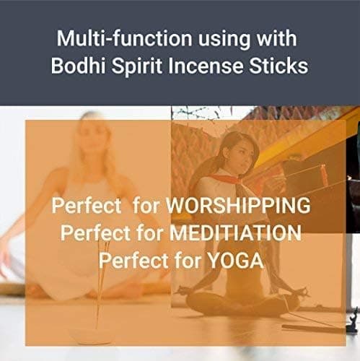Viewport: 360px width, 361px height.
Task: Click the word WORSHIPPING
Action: [x=238, y=206]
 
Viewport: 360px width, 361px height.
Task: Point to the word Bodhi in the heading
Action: [x=74, y=66]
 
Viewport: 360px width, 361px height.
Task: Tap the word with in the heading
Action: [x=272, y=38]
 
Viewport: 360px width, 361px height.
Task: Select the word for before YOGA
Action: [x=185, y=260]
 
